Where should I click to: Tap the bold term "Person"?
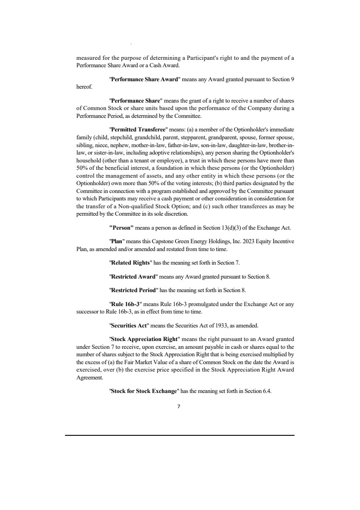(121, 227)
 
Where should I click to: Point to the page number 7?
(179, 406)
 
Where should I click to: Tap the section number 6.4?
(266, 392)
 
